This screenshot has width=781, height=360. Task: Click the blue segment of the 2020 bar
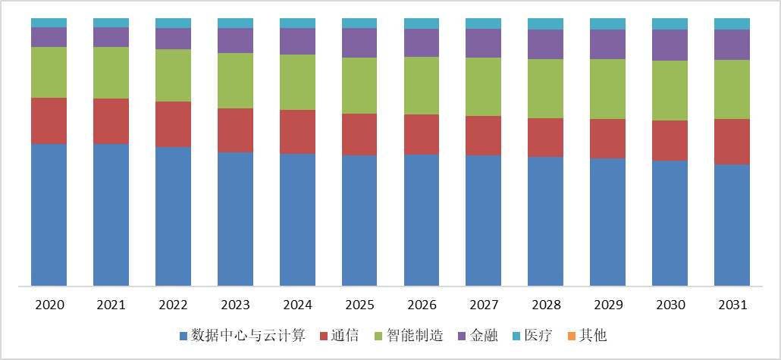49,214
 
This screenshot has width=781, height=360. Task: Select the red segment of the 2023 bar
235,130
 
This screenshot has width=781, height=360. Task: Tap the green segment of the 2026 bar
422,86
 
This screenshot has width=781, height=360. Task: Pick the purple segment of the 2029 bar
608,45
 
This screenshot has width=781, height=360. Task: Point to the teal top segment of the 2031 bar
732,23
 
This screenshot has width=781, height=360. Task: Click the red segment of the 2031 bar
732,142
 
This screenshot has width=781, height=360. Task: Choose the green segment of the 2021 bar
111,73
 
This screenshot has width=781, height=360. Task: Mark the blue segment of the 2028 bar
546,221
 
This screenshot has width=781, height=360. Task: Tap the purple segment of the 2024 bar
297,42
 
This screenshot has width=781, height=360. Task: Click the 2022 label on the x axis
173,305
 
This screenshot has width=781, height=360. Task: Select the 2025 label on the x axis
359,305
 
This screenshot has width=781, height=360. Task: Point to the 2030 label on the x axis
670,305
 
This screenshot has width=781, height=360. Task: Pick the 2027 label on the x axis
484,305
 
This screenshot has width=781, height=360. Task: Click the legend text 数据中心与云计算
248,335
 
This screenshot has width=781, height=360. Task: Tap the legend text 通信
345,335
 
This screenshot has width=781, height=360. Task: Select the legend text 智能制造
415,335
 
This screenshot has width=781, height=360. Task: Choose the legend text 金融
485,335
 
